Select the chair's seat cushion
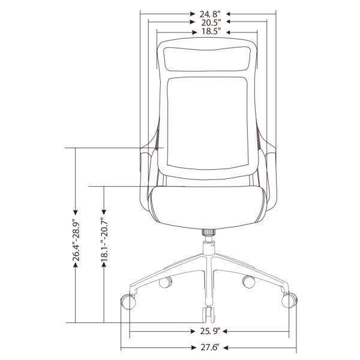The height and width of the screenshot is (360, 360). click(x=208, y=204)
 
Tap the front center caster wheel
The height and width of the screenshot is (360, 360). click(x=208, y=313)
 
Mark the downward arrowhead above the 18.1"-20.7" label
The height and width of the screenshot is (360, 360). click(x=104, y=212)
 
